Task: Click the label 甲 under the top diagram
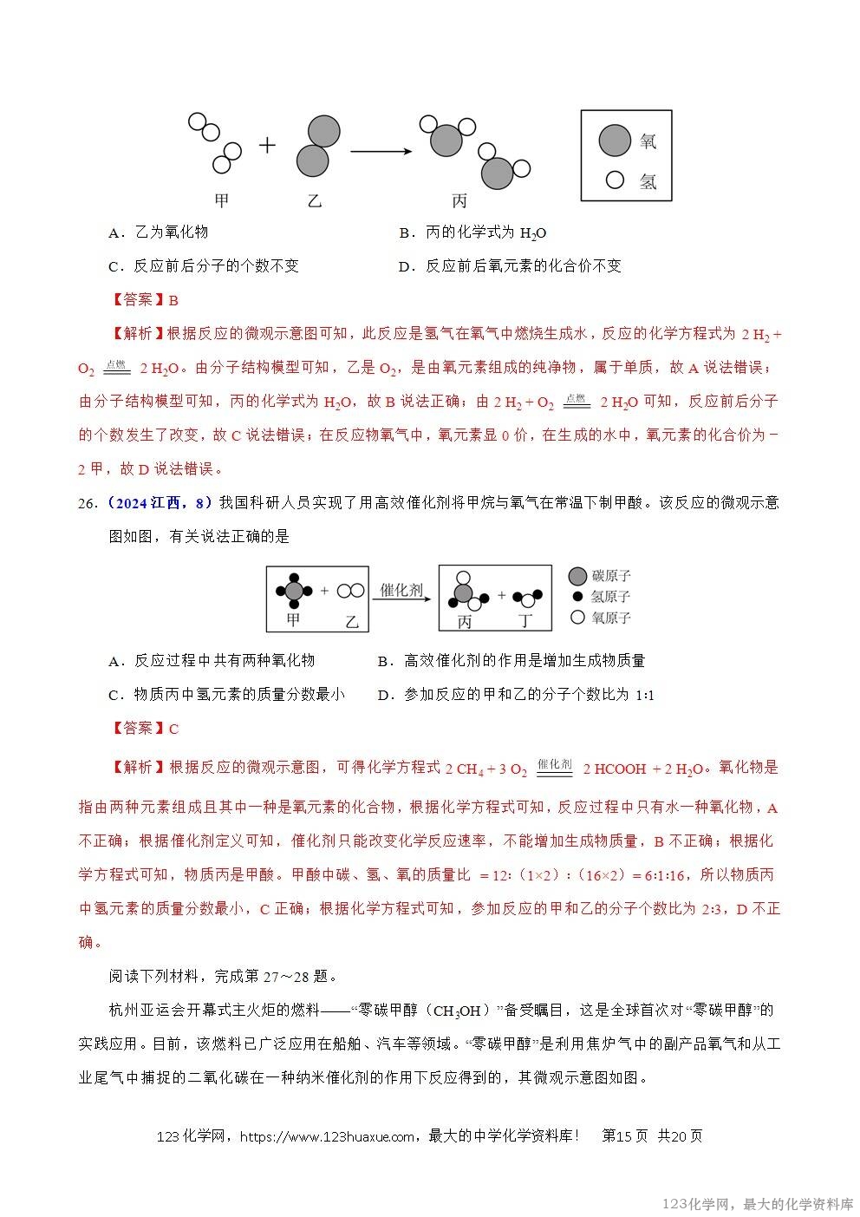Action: [222, 201]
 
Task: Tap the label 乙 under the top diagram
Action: [314, 201]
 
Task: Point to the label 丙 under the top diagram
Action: [459, 201]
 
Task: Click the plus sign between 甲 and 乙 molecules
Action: [267, 146]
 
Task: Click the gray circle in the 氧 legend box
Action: [615, 141]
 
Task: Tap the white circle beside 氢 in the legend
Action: [616, 180]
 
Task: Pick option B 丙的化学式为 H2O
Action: [473, 232]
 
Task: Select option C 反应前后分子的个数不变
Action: [204, 266]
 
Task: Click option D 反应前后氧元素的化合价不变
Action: [511, 266]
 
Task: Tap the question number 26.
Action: [87, 503]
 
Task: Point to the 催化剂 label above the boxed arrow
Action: [401, 590]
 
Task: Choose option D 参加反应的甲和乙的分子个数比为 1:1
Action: [516, 695]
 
